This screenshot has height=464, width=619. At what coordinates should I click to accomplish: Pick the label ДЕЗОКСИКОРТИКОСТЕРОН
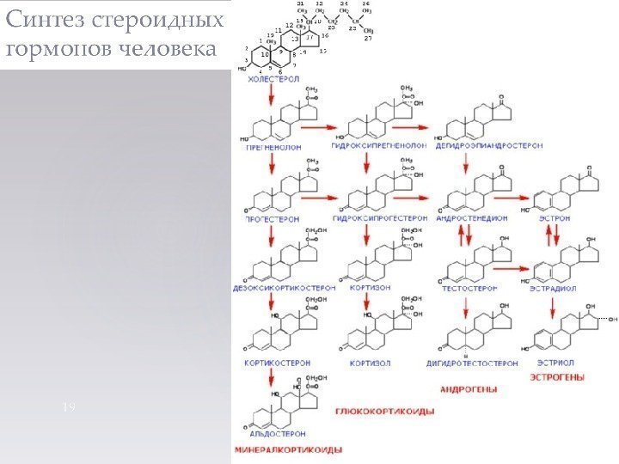[x=285, y=290]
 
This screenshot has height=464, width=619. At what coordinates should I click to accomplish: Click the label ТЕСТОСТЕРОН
[x=471, y=290]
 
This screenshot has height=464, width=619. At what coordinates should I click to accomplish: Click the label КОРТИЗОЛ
[x=371, y=363]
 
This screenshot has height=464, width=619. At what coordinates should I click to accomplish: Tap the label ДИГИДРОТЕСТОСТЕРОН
[x=472, y=363]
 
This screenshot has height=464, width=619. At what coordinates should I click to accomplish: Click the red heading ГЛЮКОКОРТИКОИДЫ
[x=384, y=412]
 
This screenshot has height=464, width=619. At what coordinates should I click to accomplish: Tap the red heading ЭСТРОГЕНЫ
[x=557, y=376]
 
